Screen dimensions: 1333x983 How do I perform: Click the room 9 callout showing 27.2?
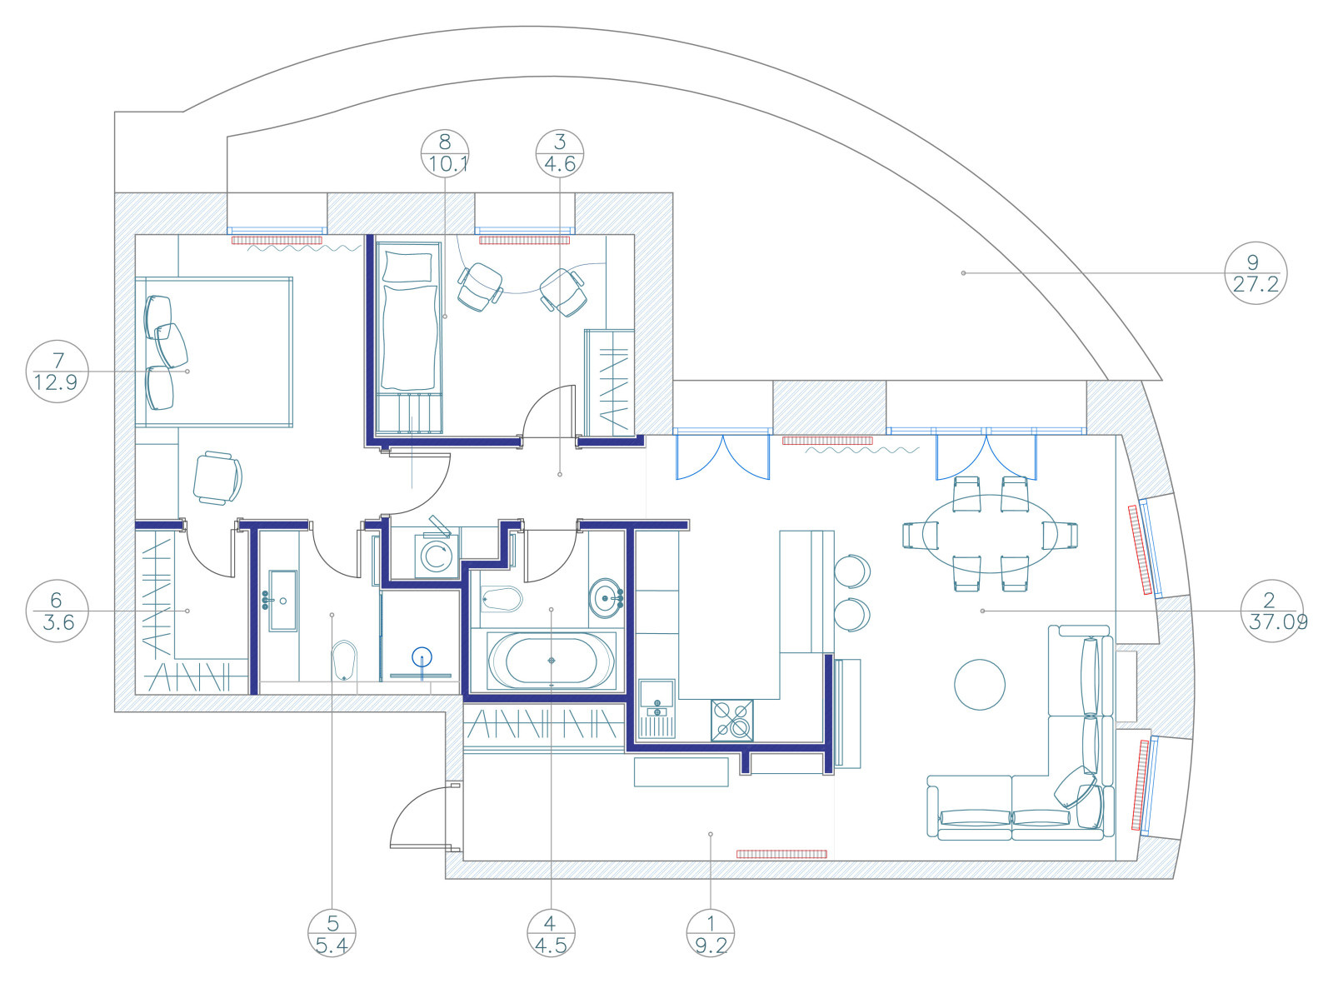pos(1256,273)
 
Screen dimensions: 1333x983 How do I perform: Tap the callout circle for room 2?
pos(1271,611)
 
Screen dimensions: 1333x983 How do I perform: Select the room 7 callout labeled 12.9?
pos(57,372)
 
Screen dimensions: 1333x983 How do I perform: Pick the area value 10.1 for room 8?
pos(448,164)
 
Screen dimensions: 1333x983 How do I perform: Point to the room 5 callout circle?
pos(332,933)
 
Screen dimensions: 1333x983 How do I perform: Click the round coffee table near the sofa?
pos(980,684)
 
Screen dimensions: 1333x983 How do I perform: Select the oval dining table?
pos(990,534)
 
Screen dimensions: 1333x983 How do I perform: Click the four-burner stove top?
pos(732,721)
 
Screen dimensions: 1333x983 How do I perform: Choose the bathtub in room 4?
pos(551,661)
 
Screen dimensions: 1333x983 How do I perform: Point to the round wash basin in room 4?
pos(605,598)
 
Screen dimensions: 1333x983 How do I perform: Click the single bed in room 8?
pos(409,337)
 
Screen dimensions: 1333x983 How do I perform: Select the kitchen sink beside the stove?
pos(657,709)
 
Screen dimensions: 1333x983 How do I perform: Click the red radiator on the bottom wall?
pos(781,854)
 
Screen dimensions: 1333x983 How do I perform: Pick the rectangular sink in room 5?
pos(282,601)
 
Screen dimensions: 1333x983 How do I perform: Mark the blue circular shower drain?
pos(422,657)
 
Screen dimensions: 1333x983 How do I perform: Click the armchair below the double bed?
pos(217,478)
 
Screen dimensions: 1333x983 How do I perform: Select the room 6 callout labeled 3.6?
pos(57,611)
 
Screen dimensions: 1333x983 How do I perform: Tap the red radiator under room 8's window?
pos(524,241)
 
